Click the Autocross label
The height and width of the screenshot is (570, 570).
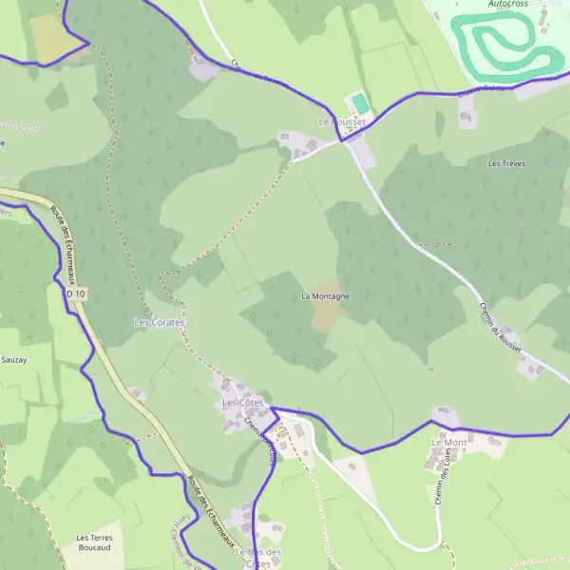[509, 4]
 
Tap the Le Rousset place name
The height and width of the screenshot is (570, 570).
[342, 122]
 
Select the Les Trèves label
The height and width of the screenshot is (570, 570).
[506, 163]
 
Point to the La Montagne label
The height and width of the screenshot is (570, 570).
[325, 296]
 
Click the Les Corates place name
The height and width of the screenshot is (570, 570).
[159, 323]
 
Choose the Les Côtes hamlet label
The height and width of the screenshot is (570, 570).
[242, 404]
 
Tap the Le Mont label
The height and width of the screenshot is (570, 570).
[448, 443]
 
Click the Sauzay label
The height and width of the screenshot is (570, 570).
[14, 361]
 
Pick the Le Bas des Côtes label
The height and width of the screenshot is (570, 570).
[258, 558]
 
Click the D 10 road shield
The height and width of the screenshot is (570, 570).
[77, 294]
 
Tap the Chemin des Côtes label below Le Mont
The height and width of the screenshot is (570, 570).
[440, 493]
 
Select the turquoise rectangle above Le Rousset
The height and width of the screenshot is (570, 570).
[359, 102]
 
